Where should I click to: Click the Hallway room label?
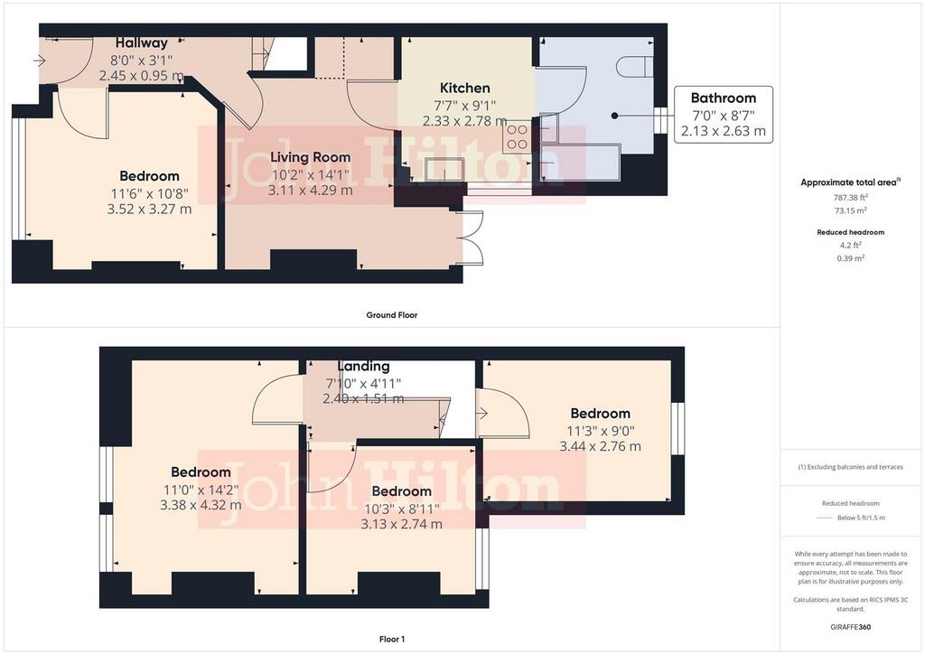point(142,43)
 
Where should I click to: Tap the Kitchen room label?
point(465,88)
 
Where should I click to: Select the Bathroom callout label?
point(724,98)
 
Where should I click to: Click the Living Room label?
point(311,157)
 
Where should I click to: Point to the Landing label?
point(363,366)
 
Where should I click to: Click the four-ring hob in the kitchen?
point(518,136)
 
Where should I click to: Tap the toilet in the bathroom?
point(635,66)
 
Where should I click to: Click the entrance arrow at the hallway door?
point(39,61)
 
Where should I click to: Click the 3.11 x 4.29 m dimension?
point(311,191)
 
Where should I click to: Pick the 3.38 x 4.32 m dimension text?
point(201,505)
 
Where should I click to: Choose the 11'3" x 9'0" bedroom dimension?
point(600,431)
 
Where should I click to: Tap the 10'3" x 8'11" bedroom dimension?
point(401,509)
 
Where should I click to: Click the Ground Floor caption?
point(392,315)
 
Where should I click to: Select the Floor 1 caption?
point(392,640)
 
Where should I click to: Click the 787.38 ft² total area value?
point(850,198)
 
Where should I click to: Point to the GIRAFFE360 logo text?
point(850,627)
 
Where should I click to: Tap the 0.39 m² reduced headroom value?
point(851,257)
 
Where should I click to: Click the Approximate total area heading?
point(850,182)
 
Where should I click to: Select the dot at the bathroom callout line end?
point(614,116)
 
